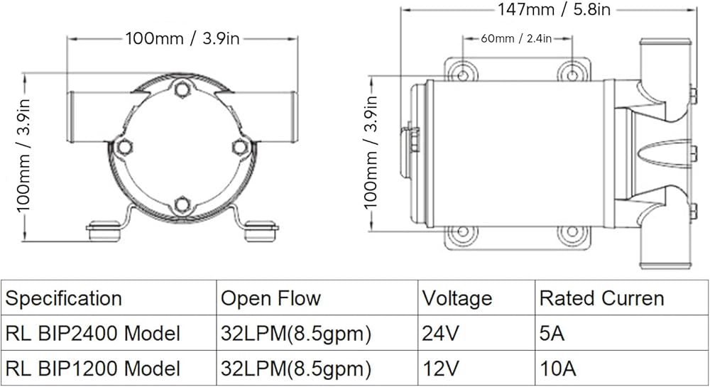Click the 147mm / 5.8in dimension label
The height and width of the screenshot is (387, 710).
coord(555,9)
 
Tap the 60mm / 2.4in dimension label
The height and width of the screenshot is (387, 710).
coord(516,38)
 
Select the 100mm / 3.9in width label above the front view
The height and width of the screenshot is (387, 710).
coord(182,38)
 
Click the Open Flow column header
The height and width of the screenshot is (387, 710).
coord(271,298)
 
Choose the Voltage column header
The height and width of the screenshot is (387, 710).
coord(457,298)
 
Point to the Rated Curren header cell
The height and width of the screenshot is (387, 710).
coord(602,298)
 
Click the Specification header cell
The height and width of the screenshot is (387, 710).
coord(63,299)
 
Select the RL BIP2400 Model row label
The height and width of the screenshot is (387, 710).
coord(92,334)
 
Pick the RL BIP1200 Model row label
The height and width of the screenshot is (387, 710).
coord(92,369)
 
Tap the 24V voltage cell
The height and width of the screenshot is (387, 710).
coord(440,334)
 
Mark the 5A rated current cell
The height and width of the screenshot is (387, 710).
coord(552,334)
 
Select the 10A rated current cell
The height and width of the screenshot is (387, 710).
coord(558,369)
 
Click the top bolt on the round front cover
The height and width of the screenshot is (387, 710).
coord(182,89)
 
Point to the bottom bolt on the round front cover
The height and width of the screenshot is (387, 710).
coord(182,205)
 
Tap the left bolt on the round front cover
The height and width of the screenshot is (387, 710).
coord(124,147)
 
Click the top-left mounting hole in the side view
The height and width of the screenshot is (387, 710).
coord(462,75)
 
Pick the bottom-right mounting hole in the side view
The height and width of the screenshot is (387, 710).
coord(572,231)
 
